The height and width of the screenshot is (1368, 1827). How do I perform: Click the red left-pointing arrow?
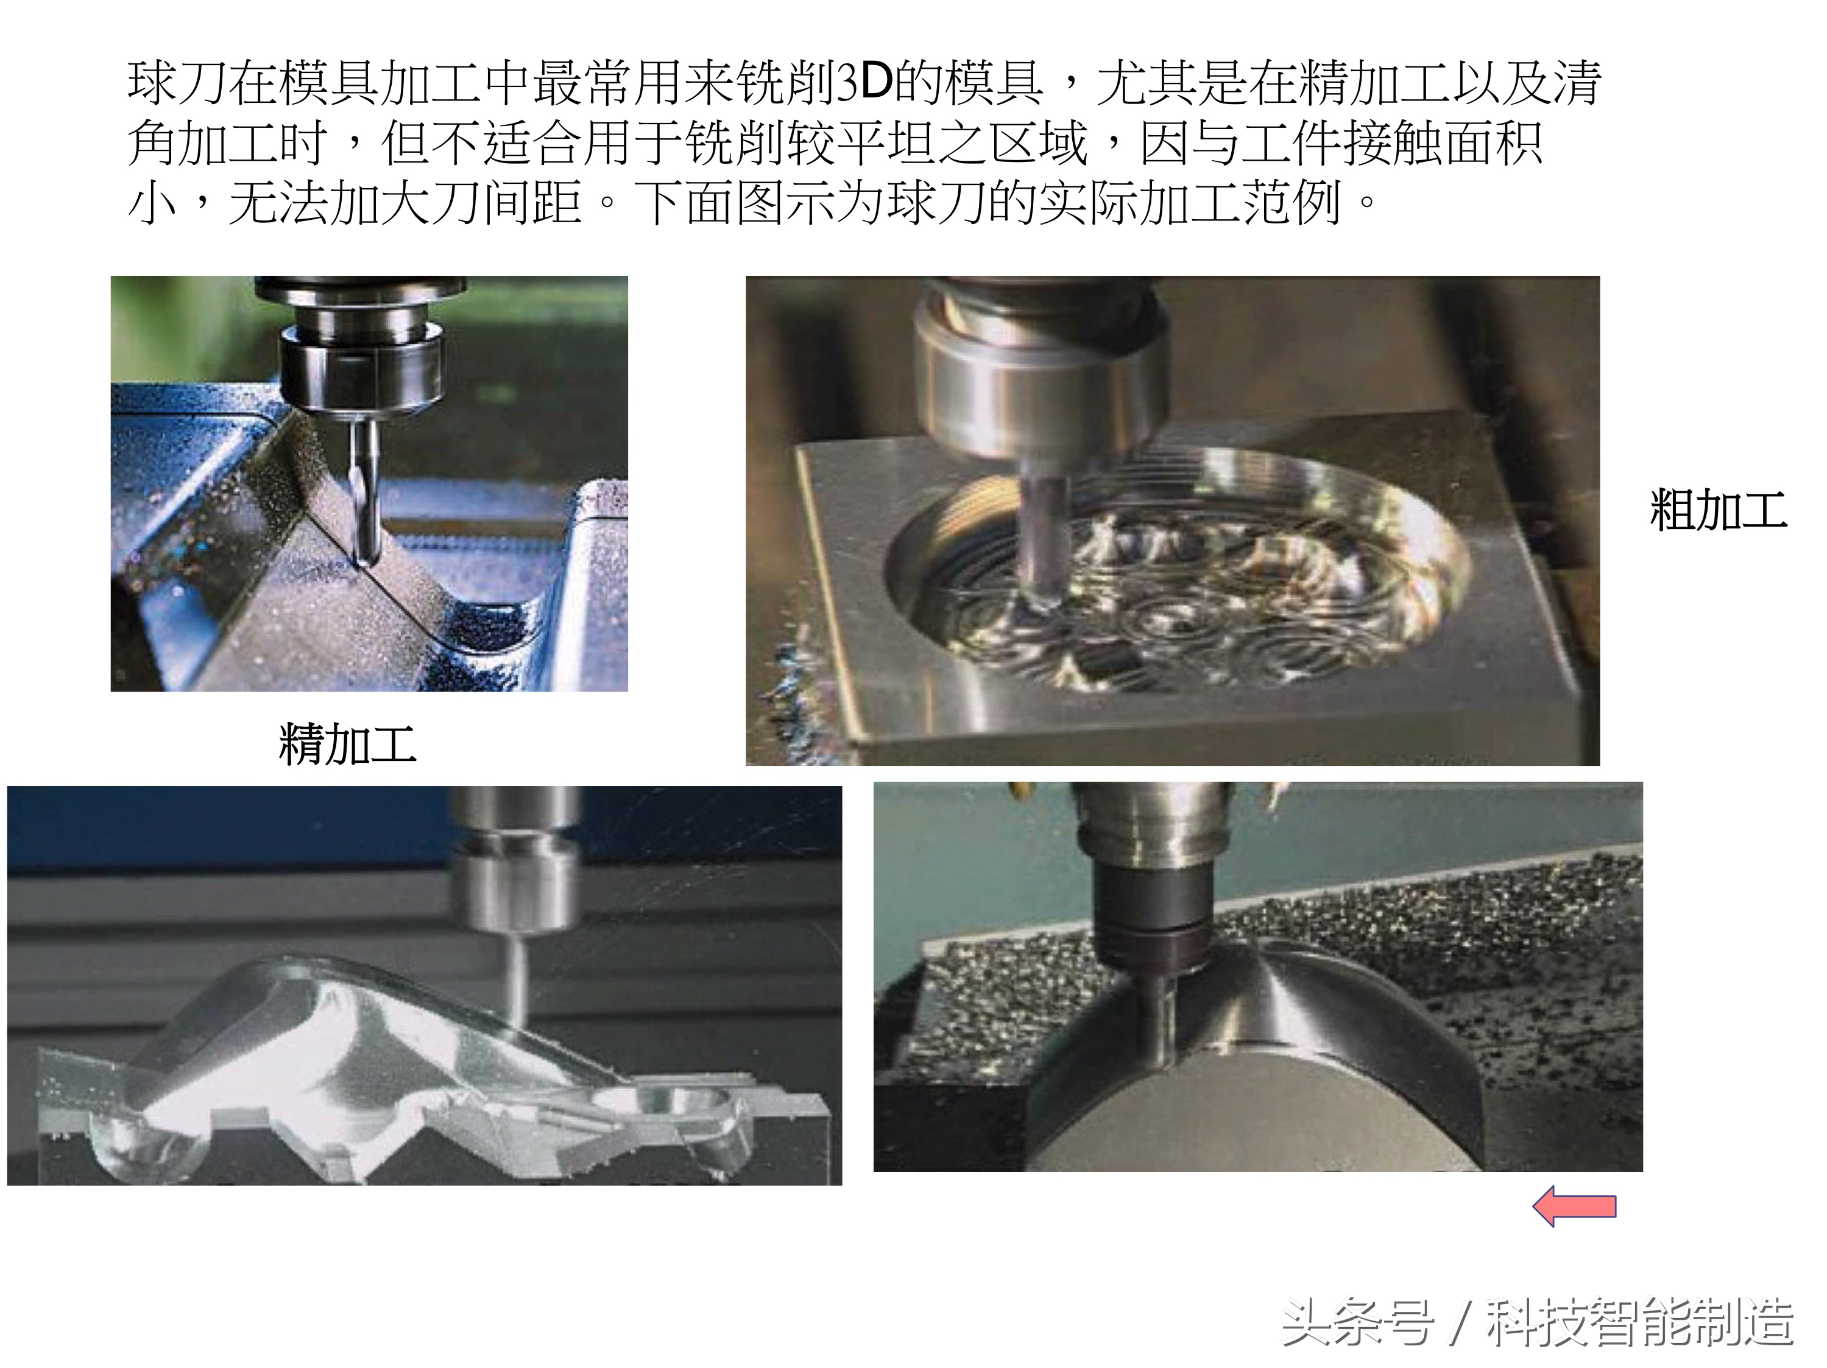[1574, 1207]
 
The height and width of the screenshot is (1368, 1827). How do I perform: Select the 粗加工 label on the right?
[1718, 510]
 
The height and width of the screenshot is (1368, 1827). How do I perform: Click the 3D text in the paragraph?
[864, 83]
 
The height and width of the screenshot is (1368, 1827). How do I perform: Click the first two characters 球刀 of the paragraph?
[177, 83]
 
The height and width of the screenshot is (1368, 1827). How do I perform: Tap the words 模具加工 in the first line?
[380, 83]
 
